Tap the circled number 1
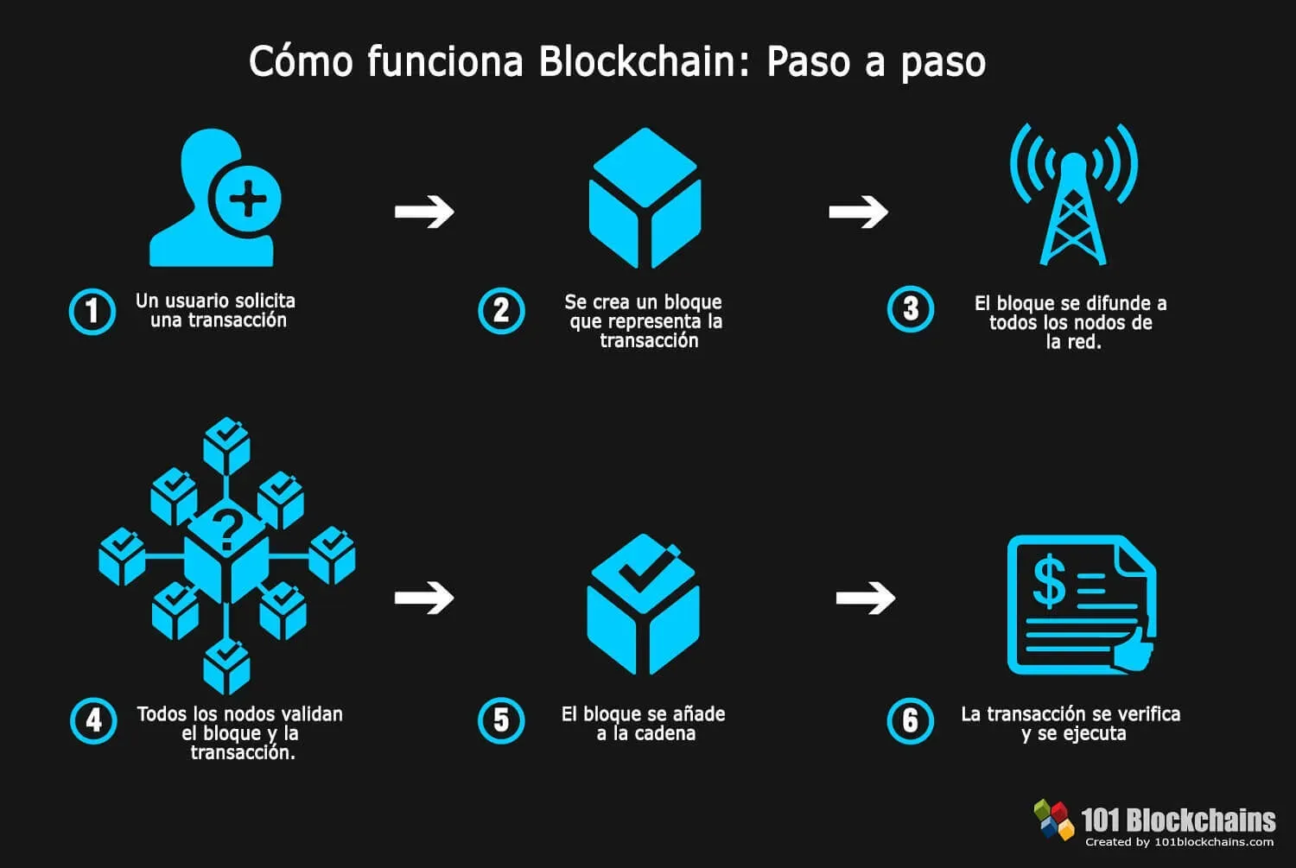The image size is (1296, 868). pyautogui.click(x=92, y=311)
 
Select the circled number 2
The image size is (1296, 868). pyautogui.click(x=501, y=311)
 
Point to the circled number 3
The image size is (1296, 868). pyautogui.click(x=911, y=309)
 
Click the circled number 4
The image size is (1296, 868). pyautogui.click(x=93, y=720)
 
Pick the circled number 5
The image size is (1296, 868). pyautogui.click(x=501, y=720)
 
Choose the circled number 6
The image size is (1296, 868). pyautogui.click(x=911, y=721)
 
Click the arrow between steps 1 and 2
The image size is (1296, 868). pyautogui.click(x=424, y=212)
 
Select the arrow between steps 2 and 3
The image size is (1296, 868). pyautogui.click(x=858, y=212)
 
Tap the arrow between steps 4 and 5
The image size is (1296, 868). pyautogui.click(x=424, y=597)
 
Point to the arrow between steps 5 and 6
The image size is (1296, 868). pyautogui.click(x=866, y=597)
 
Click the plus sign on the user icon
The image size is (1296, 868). pyautogui.click(x=248, y=200)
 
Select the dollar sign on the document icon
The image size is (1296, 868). pyautogui.click(x=1049, y=581)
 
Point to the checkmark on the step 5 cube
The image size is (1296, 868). pyautogui.click(x=643, y=568)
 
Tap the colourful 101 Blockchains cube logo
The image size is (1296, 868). pyautogui.click(x=1053, y=819)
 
